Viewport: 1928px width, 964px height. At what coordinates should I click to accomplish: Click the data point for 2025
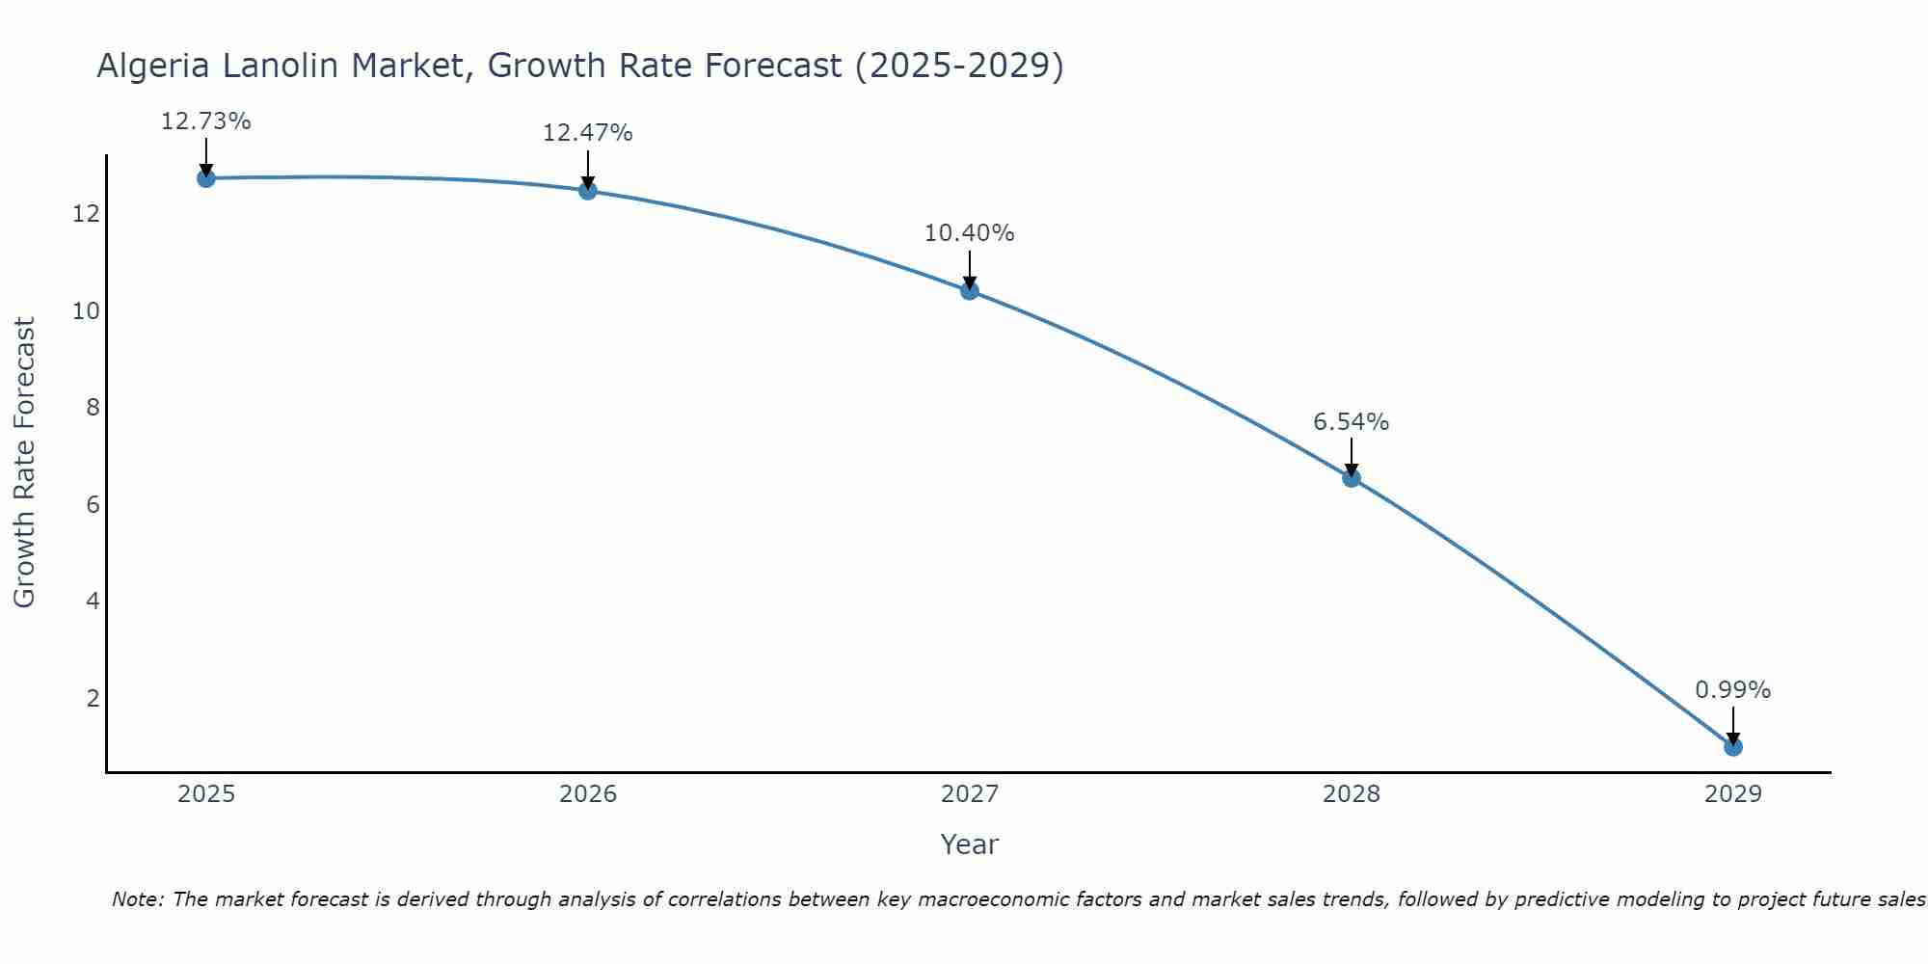tap(205, 178)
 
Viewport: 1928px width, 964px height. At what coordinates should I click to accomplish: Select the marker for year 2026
tap(587, 191)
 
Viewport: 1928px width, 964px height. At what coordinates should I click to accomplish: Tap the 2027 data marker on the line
tap(969, 290)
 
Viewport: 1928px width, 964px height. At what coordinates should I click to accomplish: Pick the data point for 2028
tap(1351, 477)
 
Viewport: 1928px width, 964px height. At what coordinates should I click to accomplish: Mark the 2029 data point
tap(1732, 746)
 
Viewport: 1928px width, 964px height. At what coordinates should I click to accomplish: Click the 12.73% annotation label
tap(205, 121)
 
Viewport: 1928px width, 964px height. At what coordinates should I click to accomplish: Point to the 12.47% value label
tap(587, 133)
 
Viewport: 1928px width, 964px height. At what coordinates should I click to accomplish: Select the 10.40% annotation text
tap(969, 233)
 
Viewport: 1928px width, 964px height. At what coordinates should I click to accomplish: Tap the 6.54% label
tap(1351, 422)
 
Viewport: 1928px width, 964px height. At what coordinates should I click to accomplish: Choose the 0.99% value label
tap(1732, 690)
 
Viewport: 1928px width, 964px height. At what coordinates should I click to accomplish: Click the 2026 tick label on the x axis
tap(587, 794)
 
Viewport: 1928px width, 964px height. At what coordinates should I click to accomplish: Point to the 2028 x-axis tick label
tap(1351, 794)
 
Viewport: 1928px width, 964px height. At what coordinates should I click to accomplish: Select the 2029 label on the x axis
tap(1732, 794)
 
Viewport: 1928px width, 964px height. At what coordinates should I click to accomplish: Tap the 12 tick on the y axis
tap(86, 214)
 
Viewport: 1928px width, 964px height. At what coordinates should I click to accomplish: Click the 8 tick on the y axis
tap(93, 408)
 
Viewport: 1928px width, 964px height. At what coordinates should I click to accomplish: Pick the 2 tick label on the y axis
tap(93, 698)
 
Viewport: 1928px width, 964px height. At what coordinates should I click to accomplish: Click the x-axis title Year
tap(969, 844)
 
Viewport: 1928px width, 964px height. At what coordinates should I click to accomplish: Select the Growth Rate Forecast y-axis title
tap(24, 463)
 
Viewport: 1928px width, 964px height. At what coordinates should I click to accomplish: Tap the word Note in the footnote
tap(137, 899)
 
